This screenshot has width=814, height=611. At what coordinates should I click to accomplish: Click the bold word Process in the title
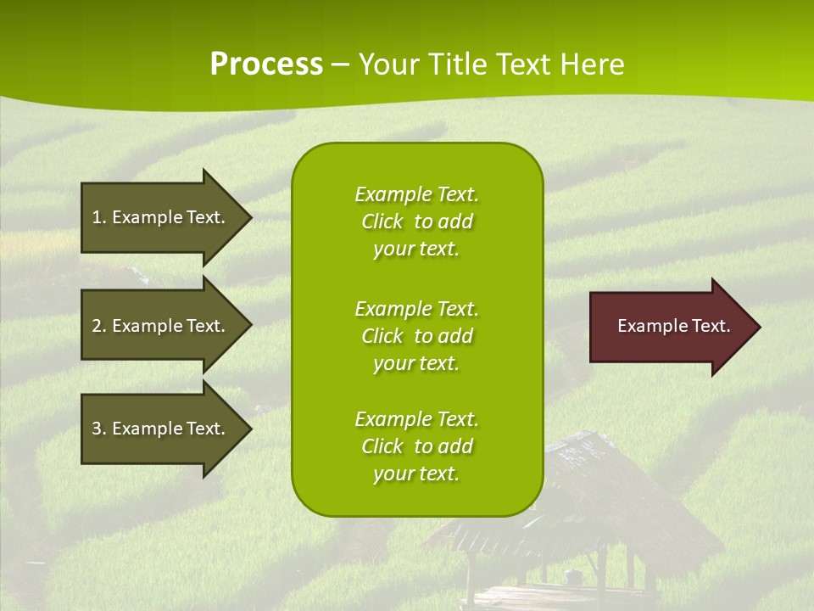(266, 64)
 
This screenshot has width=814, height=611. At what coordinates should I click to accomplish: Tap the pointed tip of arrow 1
(249, 217)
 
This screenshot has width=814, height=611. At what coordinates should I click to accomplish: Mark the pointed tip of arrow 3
(249, 429)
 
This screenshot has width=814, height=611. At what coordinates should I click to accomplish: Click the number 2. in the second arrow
(98, 326)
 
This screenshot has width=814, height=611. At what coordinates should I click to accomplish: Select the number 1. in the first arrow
(98, 217)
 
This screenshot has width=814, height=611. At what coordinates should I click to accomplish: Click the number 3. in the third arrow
(98, 429)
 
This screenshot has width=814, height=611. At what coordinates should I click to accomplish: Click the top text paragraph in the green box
(416, 221)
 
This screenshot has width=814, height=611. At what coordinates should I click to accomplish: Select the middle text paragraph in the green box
(416, 336)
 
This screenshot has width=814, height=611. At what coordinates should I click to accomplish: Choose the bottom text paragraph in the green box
(416, 446)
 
